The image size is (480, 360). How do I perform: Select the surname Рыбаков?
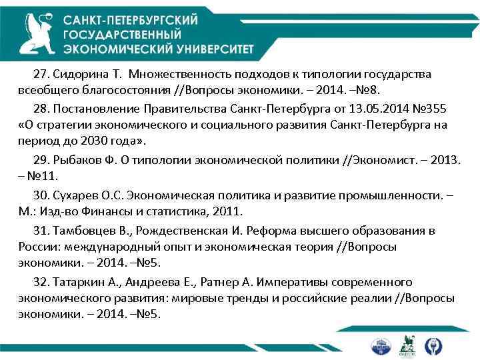point(79,161)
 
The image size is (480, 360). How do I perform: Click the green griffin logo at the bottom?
point(406,345)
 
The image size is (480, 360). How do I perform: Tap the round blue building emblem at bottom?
point(379,345)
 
